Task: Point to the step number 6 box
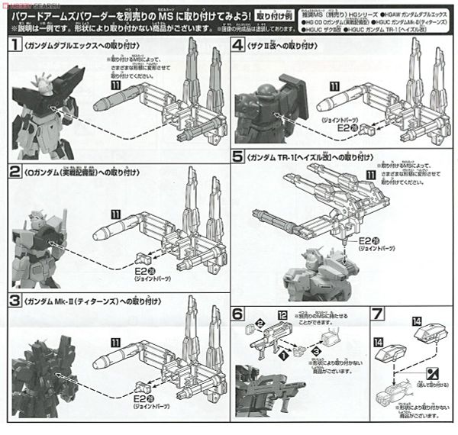238,313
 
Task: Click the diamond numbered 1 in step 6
286,355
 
